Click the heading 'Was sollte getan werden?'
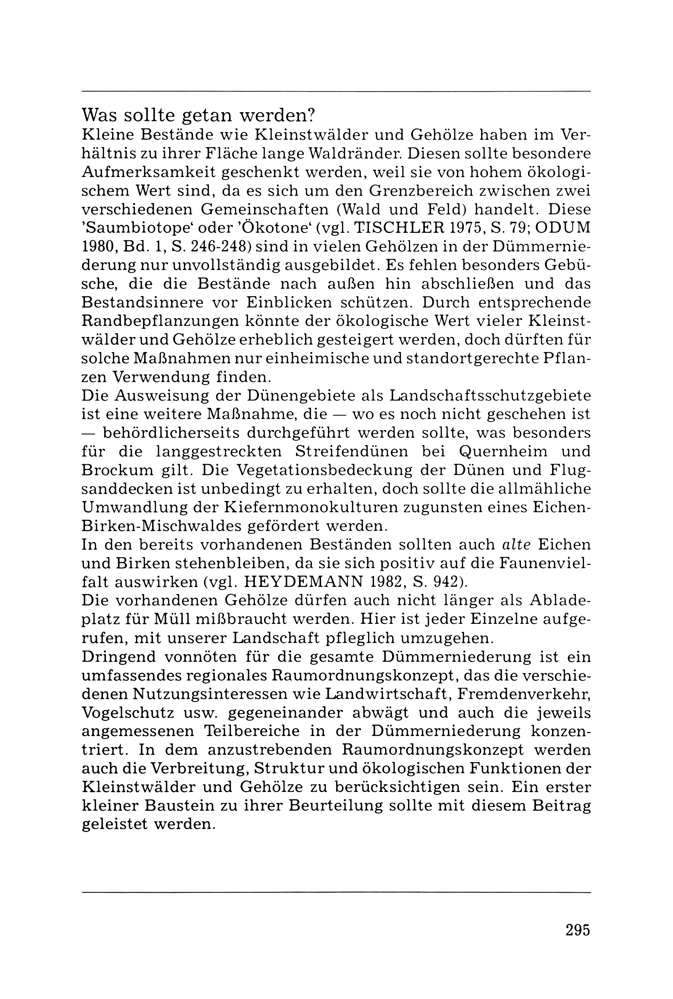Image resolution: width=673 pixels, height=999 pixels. [198, 115]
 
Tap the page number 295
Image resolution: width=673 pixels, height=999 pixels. [578, 929]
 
